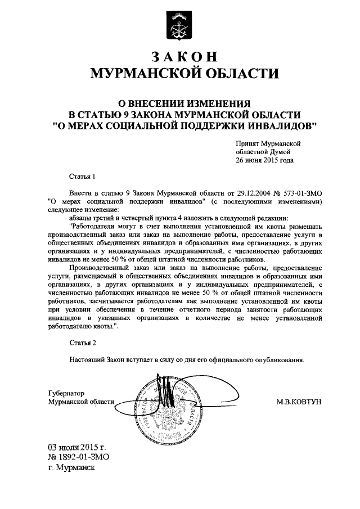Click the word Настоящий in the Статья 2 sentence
89,358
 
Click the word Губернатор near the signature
65,394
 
